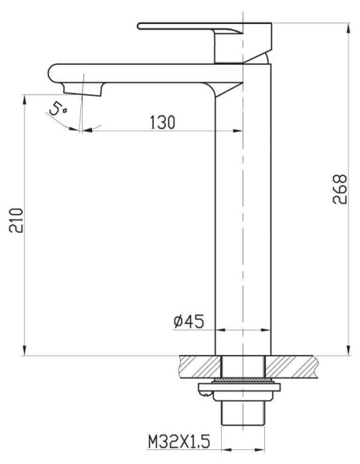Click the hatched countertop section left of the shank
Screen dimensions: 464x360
[197, 363]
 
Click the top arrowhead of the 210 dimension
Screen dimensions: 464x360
[27, 97]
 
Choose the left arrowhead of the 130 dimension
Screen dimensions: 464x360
[85, 130]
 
